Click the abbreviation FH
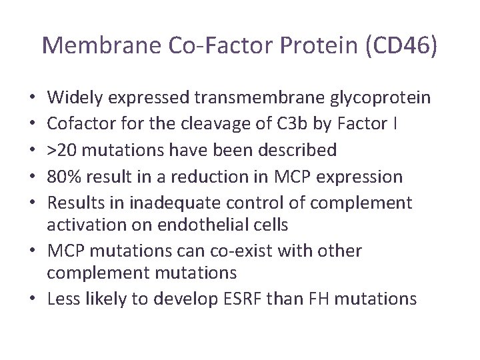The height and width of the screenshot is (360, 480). click(317, 299)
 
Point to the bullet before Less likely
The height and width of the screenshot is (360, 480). click(36, 299)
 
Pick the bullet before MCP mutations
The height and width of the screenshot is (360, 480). click(36, 251)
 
